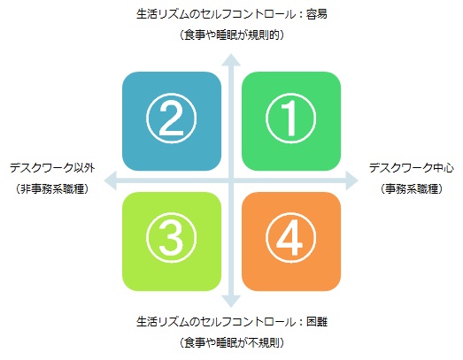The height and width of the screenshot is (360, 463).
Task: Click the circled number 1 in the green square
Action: (x=291, y=119)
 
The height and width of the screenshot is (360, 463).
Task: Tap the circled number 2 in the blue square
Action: (x=171, y=119)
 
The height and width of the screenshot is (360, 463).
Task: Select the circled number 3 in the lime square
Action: (x=171, y=238)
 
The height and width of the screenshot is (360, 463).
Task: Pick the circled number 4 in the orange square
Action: (x=291, y=238)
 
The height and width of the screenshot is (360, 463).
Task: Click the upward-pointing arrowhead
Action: (x=231, y=60)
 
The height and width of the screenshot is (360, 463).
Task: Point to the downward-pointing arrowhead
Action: (x=231, y=301)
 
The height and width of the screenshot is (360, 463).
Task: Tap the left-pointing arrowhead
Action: (x=111, y=180)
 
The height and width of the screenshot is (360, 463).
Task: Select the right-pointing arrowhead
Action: (x=351, y=180)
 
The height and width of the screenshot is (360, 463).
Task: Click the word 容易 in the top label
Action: (x=317, y=14)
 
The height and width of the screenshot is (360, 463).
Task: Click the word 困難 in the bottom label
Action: (x=317, y=321)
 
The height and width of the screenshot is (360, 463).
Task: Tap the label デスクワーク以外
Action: (x=52, y=167)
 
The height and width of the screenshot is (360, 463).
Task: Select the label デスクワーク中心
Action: (x=412, y=167)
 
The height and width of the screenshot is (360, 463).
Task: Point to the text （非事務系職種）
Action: (x=52, y=189)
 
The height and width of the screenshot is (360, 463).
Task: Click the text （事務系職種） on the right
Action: (x=412, y=189)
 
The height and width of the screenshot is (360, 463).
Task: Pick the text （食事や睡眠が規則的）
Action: (x=232, y=35)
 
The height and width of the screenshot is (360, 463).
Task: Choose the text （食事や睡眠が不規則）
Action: (x=232, y=342)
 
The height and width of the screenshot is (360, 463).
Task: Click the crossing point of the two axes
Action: (x=231, y=180)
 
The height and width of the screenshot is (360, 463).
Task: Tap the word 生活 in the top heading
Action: (x=147, y=14)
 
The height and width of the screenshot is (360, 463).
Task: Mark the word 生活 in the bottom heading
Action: (x=147, y=321)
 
